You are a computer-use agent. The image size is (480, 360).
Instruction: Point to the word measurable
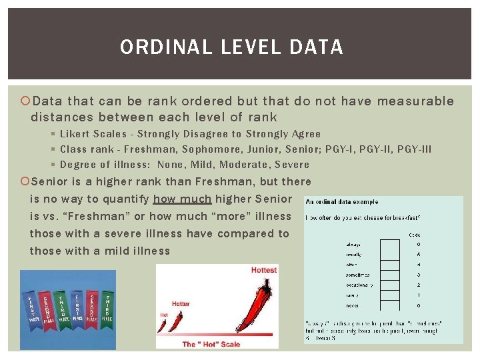click(415, 101)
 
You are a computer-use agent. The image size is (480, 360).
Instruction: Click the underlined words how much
click(182, 199)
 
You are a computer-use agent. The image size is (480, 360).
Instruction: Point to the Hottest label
click(264, 269)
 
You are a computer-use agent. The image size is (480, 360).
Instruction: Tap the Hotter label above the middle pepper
click(181, 304)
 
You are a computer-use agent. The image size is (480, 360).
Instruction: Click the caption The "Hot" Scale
click(211, 344)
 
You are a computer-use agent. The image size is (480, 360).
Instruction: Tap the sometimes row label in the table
click(357, 275)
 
